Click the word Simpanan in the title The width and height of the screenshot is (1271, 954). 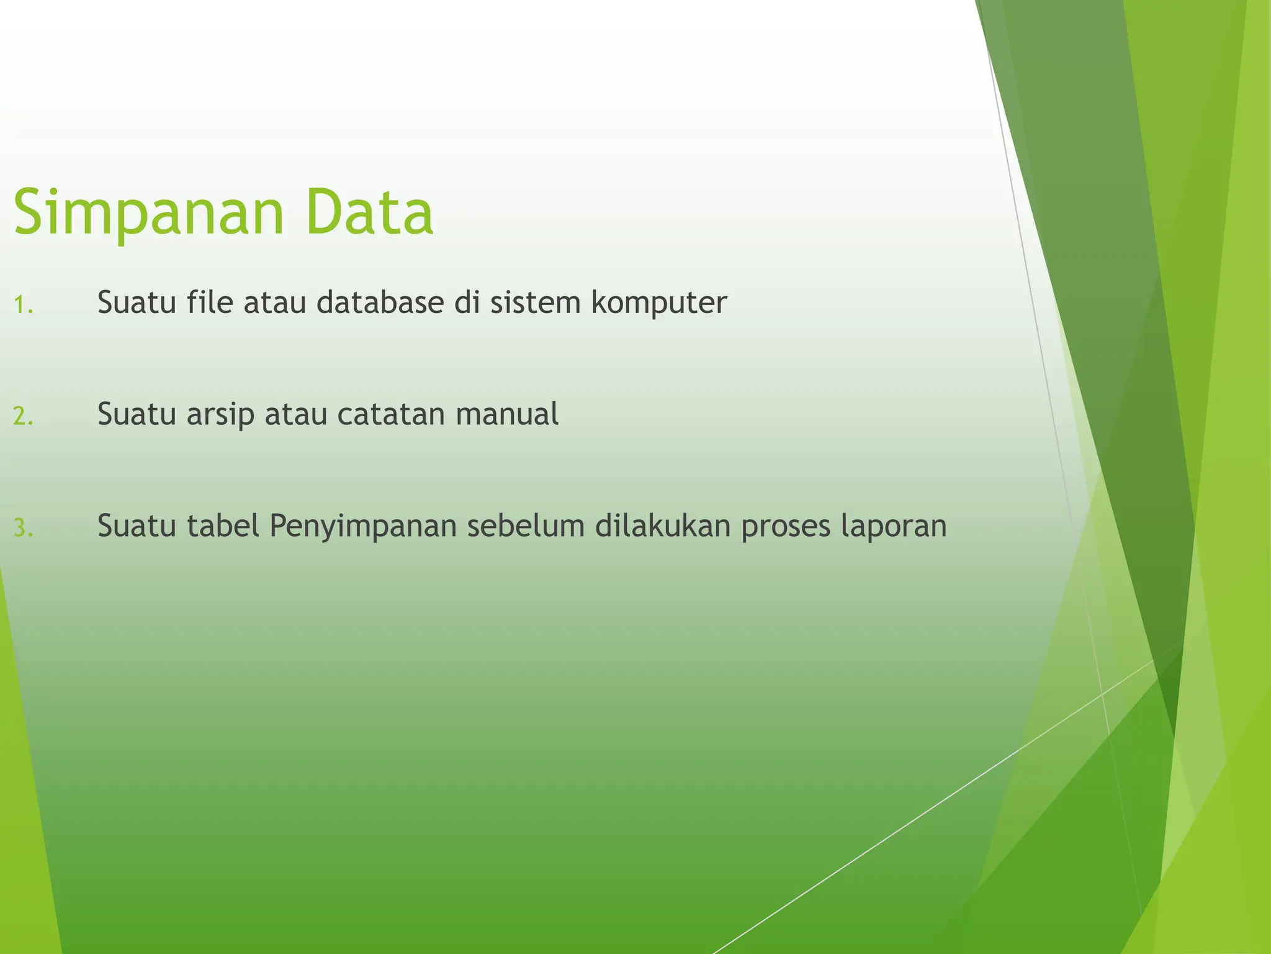(148, 213)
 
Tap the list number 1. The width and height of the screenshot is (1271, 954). (23, 306)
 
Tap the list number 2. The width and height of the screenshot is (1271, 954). (23, 417)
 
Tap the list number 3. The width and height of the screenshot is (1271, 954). (23, 529)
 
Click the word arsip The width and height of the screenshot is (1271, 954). (220, 415)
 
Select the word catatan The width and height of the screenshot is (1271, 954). (391, 414)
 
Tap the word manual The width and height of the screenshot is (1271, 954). (507, 414)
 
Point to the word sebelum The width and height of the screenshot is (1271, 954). (526, 525)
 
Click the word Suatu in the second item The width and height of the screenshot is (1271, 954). (137, 414)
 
